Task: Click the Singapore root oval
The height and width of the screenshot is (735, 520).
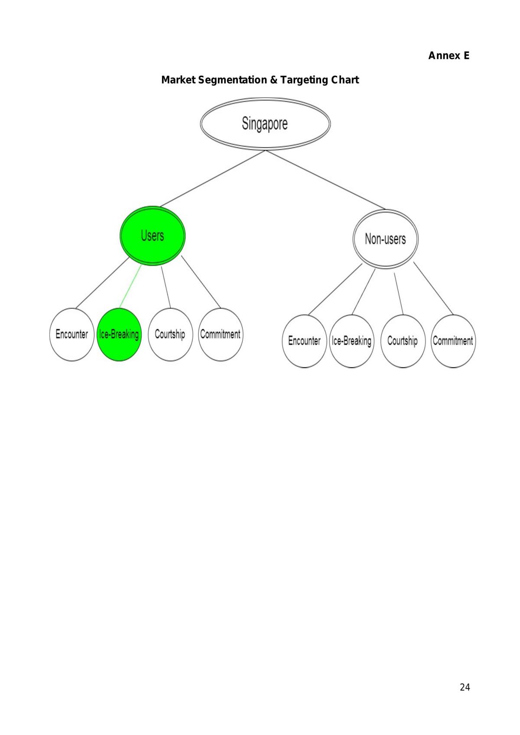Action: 265,124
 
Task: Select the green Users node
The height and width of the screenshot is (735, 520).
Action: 153,236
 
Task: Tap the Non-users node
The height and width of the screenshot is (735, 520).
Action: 385,239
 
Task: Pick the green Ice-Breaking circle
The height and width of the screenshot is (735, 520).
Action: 119,334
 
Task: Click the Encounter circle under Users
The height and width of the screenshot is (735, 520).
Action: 72,334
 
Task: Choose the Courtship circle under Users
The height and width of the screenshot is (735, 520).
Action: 170,334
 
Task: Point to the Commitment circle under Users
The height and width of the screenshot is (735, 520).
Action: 221,334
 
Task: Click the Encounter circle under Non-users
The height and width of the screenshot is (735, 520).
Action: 304,341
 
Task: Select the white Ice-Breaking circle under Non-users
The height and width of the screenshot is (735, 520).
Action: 351,341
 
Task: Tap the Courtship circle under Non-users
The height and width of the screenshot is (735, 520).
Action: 403,341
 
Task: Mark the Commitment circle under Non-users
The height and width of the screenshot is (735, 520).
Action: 453,341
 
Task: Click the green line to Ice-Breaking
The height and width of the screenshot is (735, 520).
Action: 130,286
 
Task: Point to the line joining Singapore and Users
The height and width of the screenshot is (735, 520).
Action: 212,178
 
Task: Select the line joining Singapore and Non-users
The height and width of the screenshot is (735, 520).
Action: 325,180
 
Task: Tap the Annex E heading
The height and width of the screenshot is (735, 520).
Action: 448,55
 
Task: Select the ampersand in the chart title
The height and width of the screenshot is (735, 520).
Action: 273,80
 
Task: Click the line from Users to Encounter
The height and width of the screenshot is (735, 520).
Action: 102,283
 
